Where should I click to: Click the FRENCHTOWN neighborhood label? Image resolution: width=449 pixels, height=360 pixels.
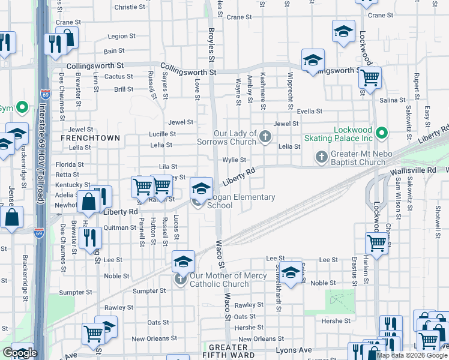coord(90,137)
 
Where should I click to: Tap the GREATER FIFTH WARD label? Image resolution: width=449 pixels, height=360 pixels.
coord(228,352)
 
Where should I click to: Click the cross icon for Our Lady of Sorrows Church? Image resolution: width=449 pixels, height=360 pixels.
coord(264,138)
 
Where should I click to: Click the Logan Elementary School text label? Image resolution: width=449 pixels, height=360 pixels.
coord(241,202)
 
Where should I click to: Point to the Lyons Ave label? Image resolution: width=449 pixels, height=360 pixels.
coord(294,350)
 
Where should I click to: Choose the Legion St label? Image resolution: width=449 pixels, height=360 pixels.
coord(118,37)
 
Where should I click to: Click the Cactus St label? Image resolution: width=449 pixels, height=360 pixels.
coord(118,77)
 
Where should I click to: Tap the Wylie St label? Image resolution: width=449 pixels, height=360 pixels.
coord(234,160)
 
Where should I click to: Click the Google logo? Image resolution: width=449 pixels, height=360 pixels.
coord(20,353)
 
